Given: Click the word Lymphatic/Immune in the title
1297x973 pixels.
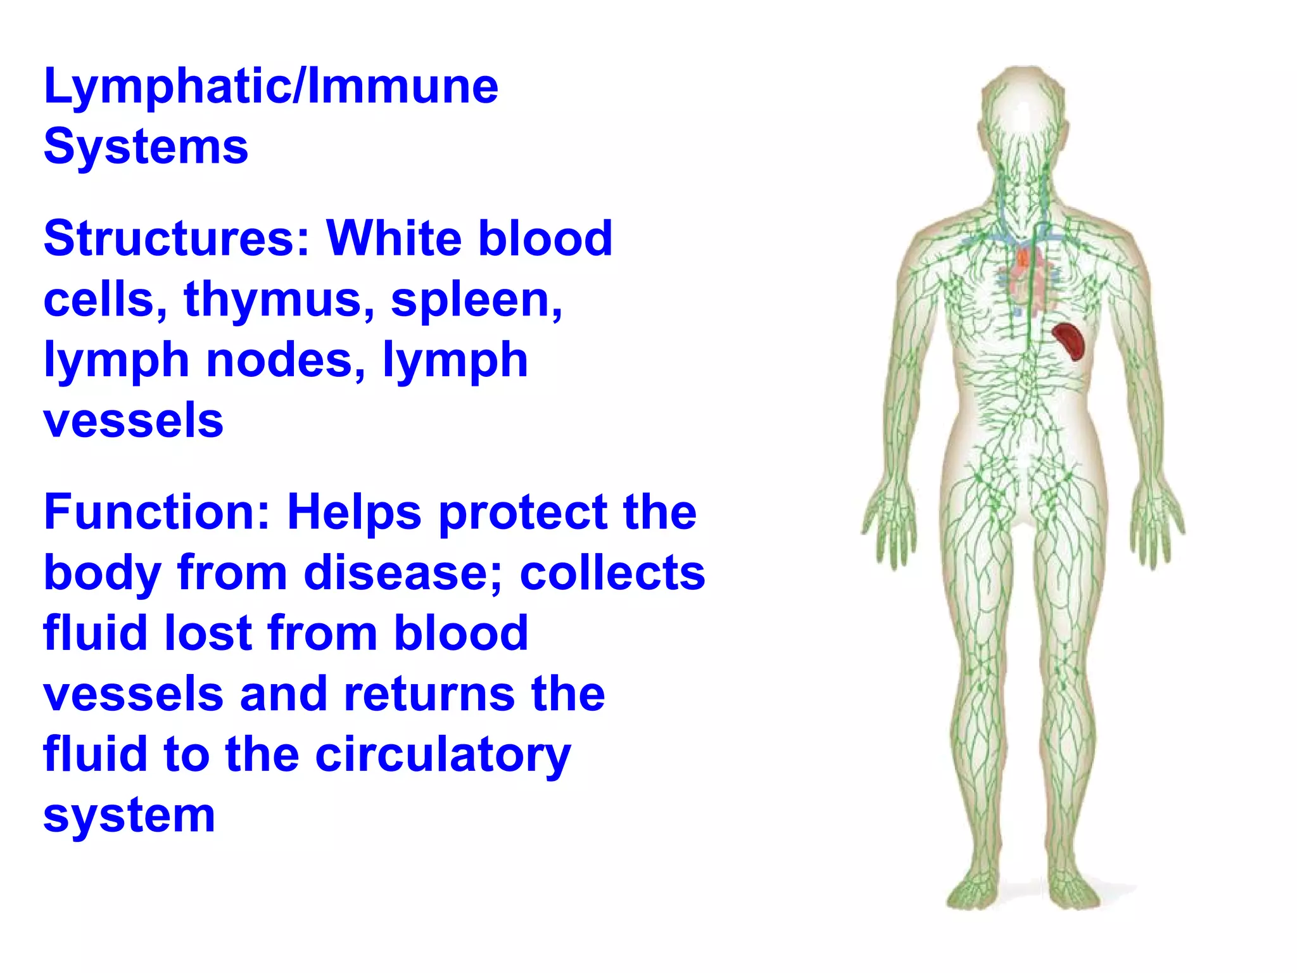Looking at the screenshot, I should [271, 87].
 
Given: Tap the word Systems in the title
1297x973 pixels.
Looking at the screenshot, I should [146, 147].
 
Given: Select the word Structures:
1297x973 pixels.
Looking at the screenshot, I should [177, 239].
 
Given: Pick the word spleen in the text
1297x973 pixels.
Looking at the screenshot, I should [476, 300].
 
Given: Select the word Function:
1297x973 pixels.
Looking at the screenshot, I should [158, 512].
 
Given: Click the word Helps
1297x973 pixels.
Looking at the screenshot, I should [354, 512].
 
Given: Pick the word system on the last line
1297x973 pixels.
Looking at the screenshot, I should [129, 816].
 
